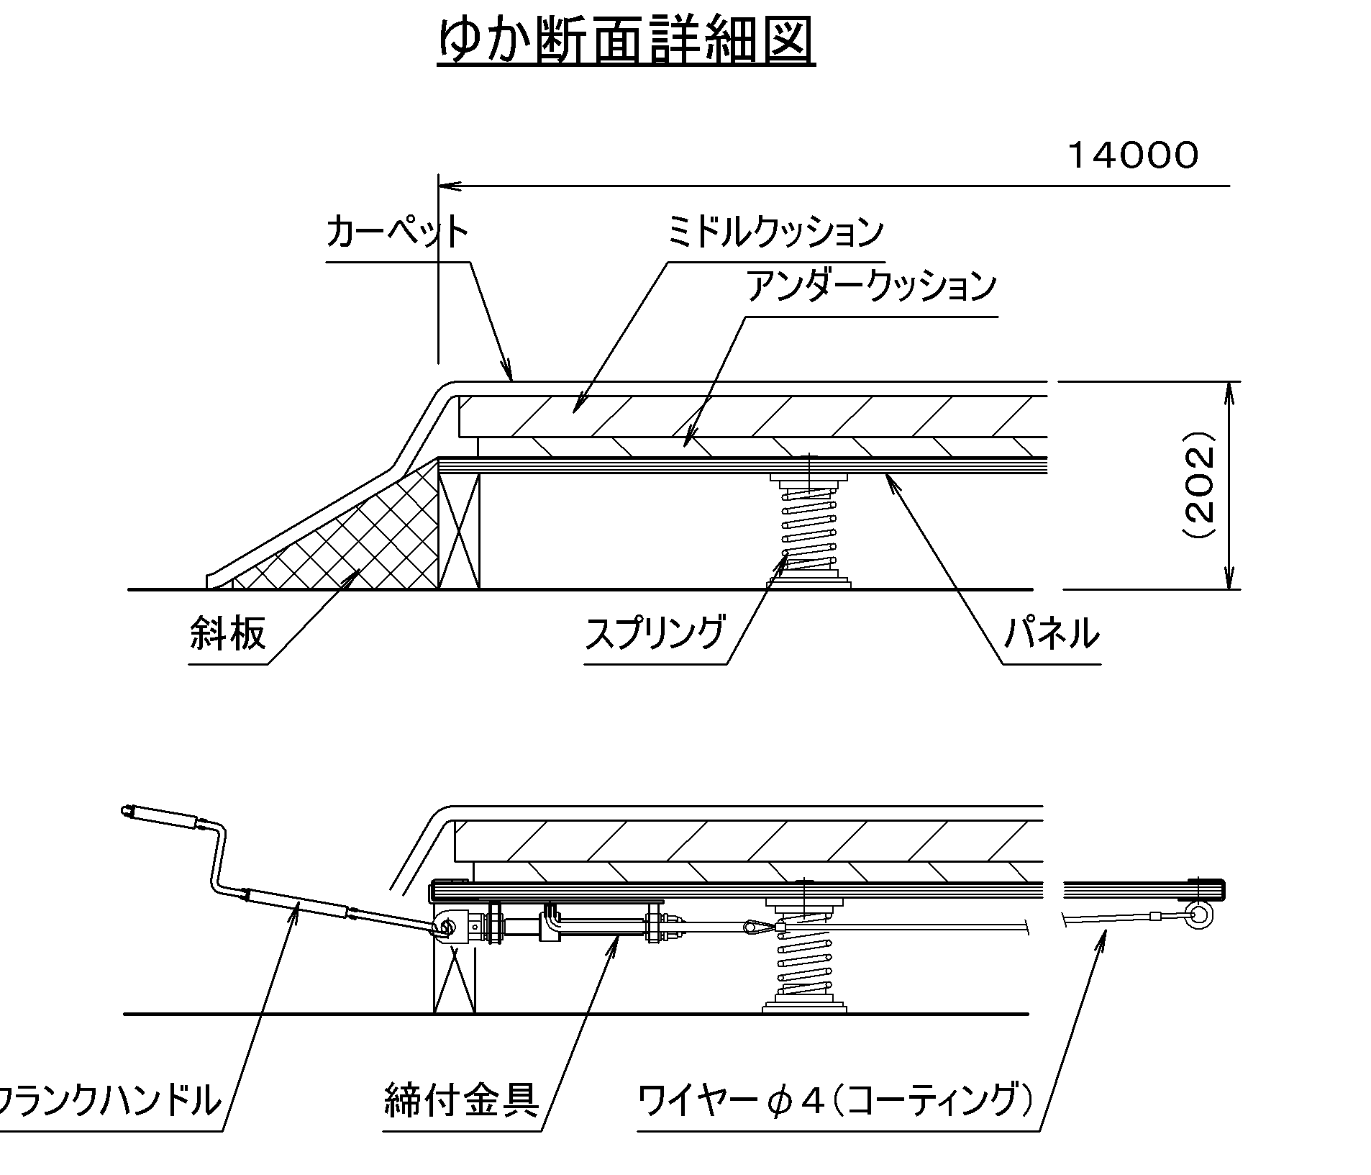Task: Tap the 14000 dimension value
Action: tap(1134, 155)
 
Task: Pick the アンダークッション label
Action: tap(871, 286)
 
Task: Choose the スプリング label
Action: tap(654, 634)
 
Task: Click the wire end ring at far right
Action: tap(1200, 915)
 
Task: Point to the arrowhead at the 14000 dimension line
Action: tap(447, 186)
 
